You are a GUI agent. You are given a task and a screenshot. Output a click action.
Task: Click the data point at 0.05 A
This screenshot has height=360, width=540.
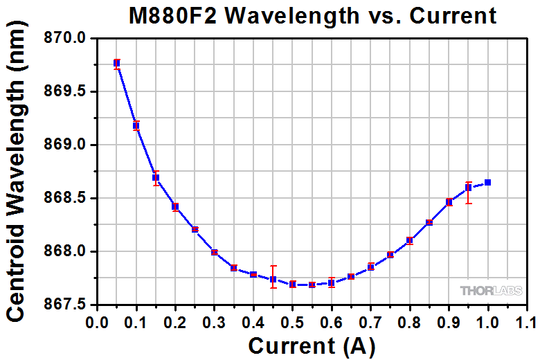coord(117,64)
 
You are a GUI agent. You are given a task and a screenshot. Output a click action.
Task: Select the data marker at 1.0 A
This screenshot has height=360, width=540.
coord(488,182)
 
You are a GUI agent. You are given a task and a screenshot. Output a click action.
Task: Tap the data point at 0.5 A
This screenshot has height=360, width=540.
coord(293,284)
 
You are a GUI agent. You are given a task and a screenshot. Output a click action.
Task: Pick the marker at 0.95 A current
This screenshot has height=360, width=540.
coord(469,187)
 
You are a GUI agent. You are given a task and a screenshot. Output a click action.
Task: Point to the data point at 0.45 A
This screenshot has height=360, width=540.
coord(273,280)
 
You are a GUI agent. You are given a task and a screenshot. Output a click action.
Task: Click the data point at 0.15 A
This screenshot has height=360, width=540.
coord(156,177)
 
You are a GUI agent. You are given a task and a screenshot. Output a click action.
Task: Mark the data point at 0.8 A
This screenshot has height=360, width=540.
coord(410,240)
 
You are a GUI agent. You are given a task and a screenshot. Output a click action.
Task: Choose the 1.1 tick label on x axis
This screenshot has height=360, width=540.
coord(528,322)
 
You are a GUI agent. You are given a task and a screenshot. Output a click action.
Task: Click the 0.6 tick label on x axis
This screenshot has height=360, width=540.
coord(332,322)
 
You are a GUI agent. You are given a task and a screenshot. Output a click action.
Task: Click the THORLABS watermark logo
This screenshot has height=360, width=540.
coord(487,291)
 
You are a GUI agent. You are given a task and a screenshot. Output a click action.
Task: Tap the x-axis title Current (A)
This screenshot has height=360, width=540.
coord(312,345)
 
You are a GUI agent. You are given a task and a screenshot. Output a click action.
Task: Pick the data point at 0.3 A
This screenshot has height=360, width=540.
coord(215,252)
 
